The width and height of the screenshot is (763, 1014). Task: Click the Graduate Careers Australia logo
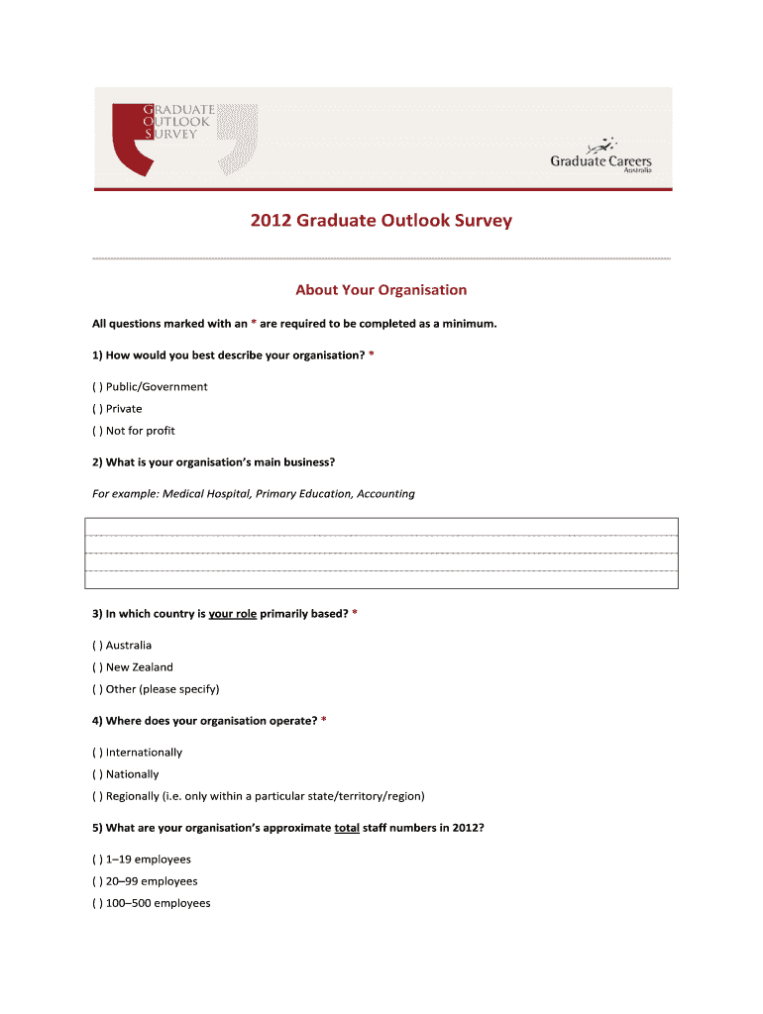[x=600, y=156]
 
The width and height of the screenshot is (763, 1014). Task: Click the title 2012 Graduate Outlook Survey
[x=381, y=220]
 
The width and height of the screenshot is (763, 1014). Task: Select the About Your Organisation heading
[x=381, y=290]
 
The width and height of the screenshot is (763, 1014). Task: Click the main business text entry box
[x=381, y=553]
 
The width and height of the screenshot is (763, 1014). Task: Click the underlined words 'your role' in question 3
[x=233, y=614]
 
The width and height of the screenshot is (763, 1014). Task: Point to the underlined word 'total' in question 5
[x=347, y=828]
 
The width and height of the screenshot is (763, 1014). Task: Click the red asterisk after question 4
[x=323, y=721]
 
